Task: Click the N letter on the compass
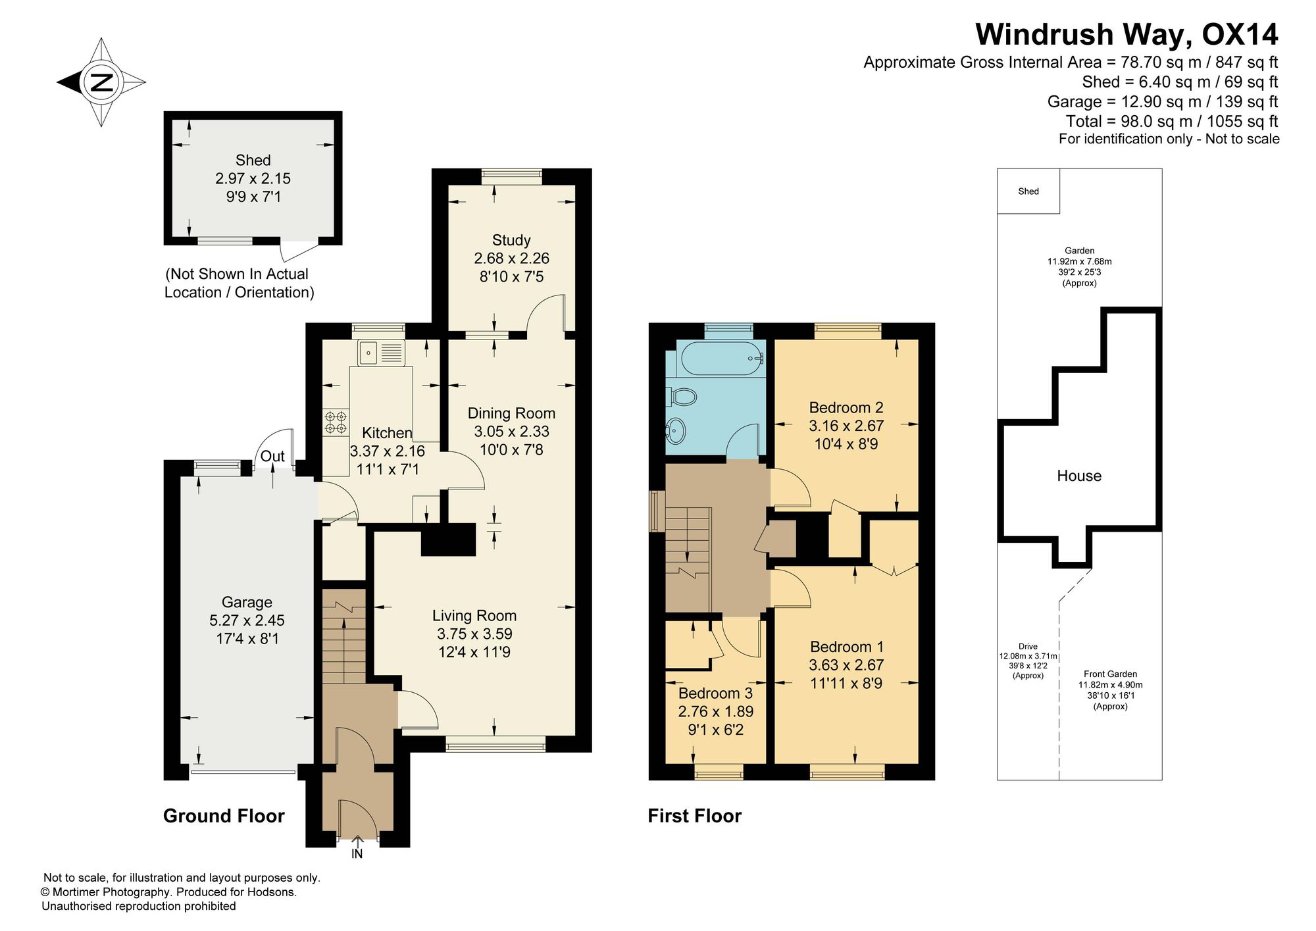click(x=102, y=83)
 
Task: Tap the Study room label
click(x=511, y=240)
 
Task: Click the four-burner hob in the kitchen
click(x=336, y=422)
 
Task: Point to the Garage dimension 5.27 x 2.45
click(x=247, y=620)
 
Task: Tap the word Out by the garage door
click(x=272, y=456)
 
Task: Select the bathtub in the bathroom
click(x=722, y=359)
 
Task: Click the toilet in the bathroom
click(x=683, y=397)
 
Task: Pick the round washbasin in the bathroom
click(x=676, y=432)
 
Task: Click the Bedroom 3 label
click(x=715, y=693)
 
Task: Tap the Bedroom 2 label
click(x=846, y=407)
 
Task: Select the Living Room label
click(x=474, y=616)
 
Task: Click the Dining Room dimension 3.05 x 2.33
click(x=511, y=432)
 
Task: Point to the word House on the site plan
click(x=1079, y=476)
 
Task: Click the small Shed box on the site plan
click(x=1028, y=191)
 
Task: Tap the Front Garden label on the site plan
click(x=1111, y=674)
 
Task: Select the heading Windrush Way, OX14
click(x=1127, y=34)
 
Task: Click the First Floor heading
click(x=695, y=817)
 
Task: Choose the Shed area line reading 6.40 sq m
click(x=1180, y=82)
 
